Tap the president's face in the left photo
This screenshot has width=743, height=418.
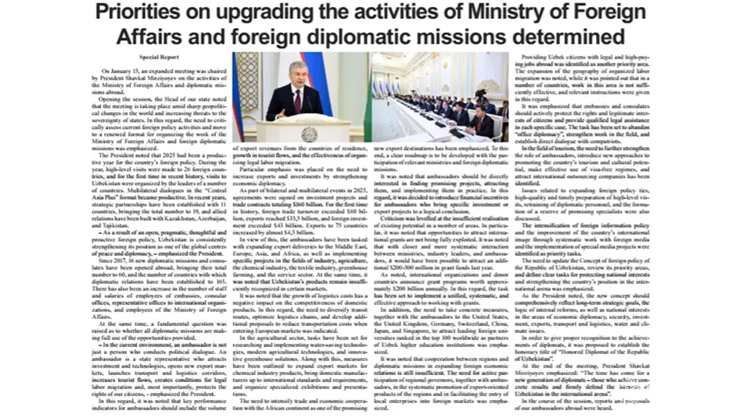click(298, 75)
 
